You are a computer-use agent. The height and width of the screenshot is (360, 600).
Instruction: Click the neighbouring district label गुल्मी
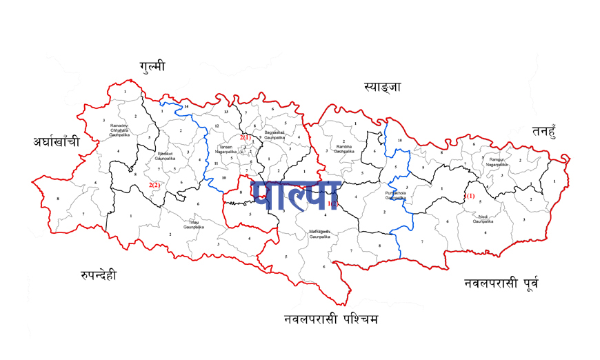[152, 66]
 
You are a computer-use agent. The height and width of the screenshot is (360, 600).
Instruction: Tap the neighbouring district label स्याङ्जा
[383, 87]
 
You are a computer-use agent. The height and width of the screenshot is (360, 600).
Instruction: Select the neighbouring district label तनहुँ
[550, 131]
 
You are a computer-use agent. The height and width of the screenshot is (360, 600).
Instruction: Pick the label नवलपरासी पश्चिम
[331, 320]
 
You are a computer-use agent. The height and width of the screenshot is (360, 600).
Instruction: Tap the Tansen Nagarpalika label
[226, 150]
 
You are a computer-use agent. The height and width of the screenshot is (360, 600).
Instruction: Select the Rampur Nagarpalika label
[498, 161]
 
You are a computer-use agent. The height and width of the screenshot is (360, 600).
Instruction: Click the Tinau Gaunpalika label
[192, 224]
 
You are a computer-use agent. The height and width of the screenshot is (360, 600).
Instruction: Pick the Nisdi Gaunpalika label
[483, 219]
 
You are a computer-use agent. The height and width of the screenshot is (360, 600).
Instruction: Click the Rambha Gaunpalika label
[344, 148]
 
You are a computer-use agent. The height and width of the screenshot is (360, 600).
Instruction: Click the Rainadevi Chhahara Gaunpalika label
[119, 130]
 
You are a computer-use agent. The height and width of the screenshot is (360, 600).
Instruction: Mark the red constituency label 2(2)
[154, 185]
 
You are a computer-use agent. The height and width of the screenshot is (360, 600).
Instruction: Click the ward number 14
[186, 108]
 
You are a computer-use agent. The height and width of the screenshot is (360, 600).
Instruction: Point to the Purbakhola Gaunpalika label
[396, 196]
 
